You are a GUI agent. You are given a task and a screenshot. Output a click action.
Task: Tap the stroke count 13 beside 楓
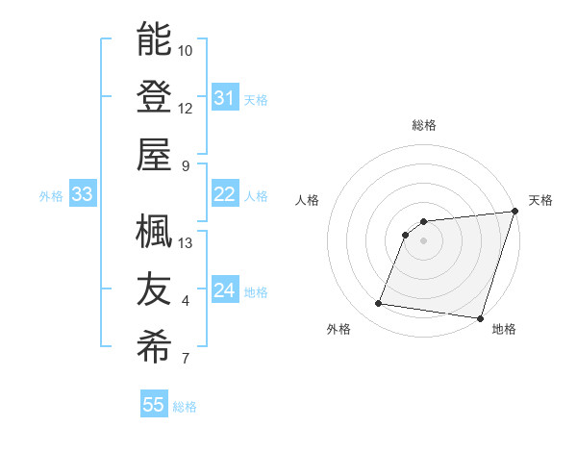coord(186,242)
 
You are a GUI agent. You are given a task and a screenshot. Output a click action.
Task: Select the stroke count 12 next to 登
coord(186,108)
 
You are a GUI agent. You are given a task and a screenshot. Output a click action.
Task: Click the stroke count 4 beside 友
coord(186,301)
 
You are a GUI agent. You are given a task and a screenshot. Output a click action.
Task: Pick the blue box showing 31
coord(224,98)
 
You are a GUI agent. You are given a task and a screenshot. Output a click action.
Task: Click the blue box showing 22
coord(224,194)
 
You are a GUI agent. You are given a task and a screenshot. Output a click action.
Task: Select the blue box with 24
coord(224,290)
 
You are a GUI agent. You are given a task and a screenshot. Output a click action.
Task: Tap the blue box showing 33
coord(82,194)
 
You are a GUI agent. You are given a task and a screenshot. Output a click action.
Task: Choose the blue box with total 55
coord(154,405)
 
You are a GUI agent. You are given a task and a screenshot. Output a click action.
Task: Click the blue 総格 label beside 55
coord(185,406)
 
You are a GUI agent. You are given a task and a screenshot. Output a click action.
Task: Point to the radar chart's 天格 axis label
coord(540,200)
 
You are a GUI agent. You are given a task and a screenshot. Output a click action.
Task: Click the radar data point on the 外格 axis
coord(379,304)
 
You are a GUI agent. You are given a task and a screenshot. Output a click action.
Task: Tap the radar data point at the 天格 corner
coord(514,213)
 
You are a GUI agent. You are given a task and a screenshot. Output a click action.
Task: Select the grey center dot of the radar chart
coord(423,240)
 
